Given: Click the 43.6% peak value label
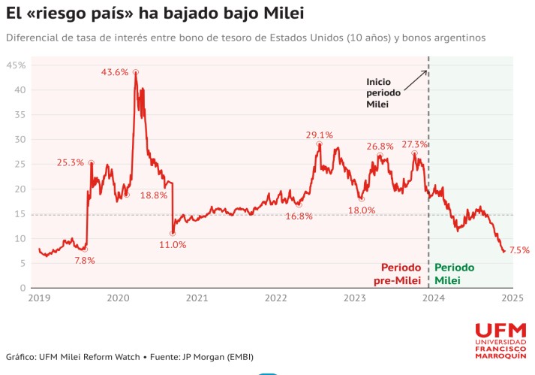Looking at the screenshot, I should coord(115,72).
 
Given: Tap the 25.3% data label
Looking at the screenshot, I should coord(70,162).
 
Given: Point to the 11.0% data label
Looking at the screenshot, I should coord(173,244).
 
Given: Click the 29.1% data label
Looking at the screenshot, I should coord(319,135).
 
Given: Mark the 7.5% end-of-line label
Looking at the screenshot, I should coord(519,250).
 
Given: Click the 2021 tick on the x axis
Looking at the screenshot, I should coord(197,298).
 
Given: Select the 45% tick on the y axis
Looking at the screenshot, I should coord(17,65).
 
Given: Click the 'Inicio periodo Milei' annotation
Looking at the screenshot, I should coord(383,92).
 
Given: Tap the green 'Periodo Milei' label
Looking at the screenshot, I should coord(455,274).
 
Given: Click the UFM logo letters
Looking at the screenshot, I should coord(500,331).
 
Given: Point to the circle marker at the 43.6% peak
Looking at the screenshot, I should coord(136,72).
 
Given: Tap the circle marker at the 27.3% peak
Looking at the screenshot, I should coord(414,153).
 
